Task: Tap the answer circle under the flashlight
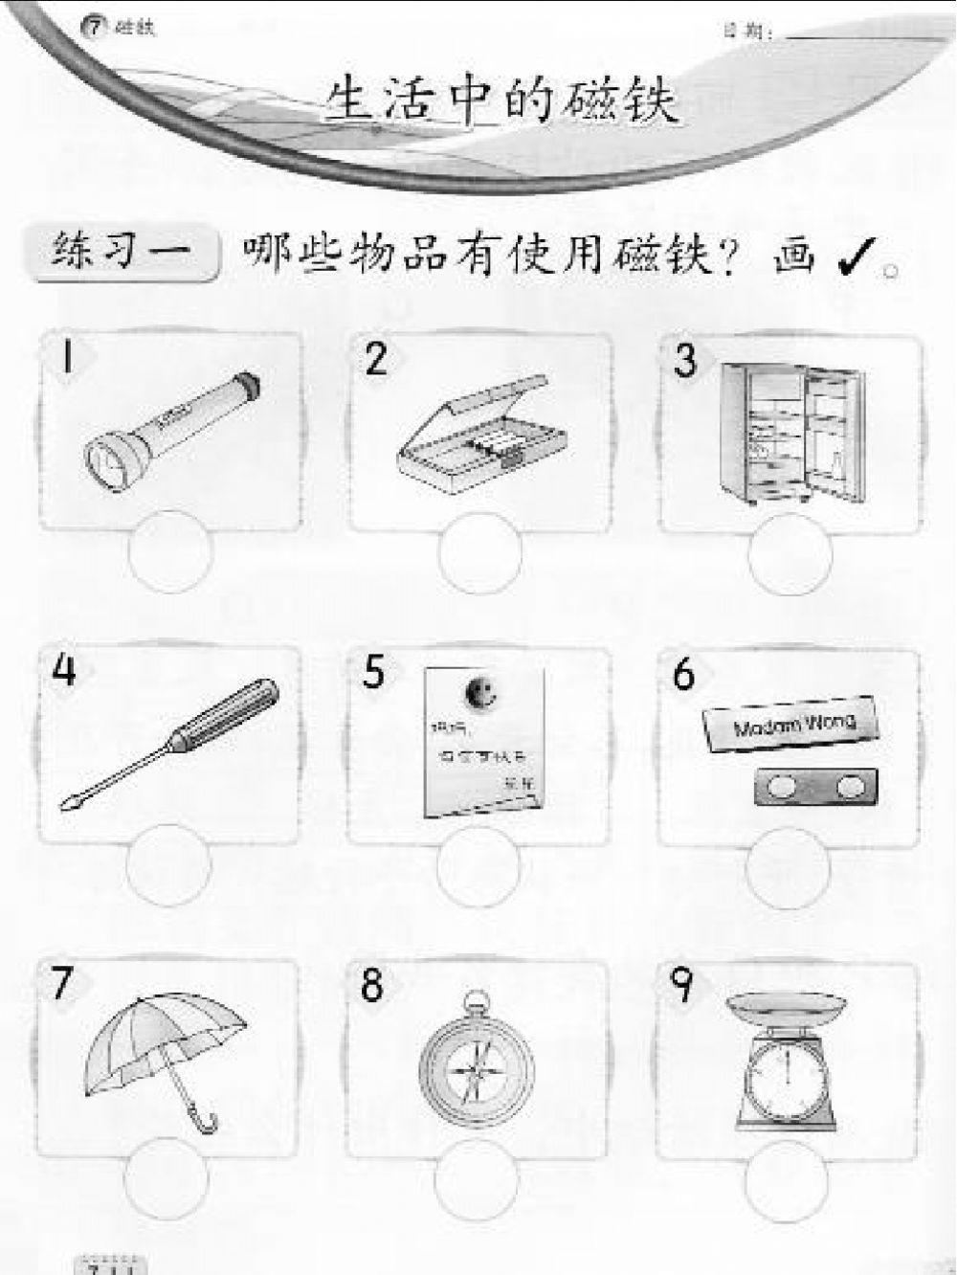(169, 553)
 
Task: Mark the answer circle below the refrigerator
(791, 553)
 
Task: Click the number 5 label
(373, 673)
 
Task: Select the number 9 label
(683, 986)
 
